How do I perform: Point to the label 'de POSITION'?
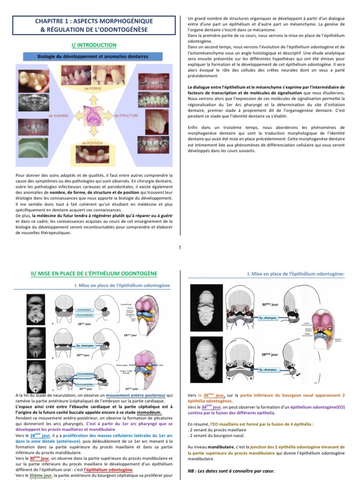[92, 143]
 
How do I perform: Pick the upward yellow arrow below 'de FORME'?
[93, 96]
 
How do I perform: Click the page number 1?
[180, 248]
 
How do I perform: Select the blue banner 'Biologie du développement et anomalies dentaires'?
[93, 56]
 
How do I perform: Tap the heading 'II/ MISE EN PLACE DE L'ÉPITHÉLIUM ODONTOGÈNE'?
[93, 273]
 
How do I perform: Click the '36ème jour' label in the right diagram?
[270, 305]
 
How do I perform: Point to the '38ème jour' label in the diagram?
[270, 355]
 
